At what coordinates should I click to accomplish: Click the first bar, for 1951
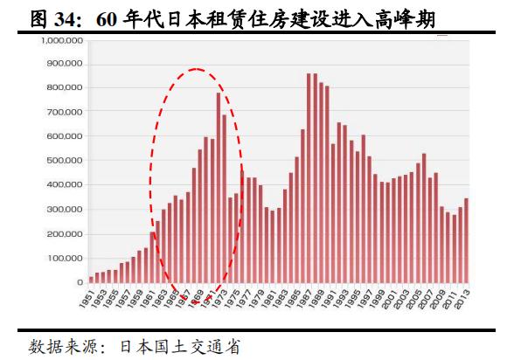92,280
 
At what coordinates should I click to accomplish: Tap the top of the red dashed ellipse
196,69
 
